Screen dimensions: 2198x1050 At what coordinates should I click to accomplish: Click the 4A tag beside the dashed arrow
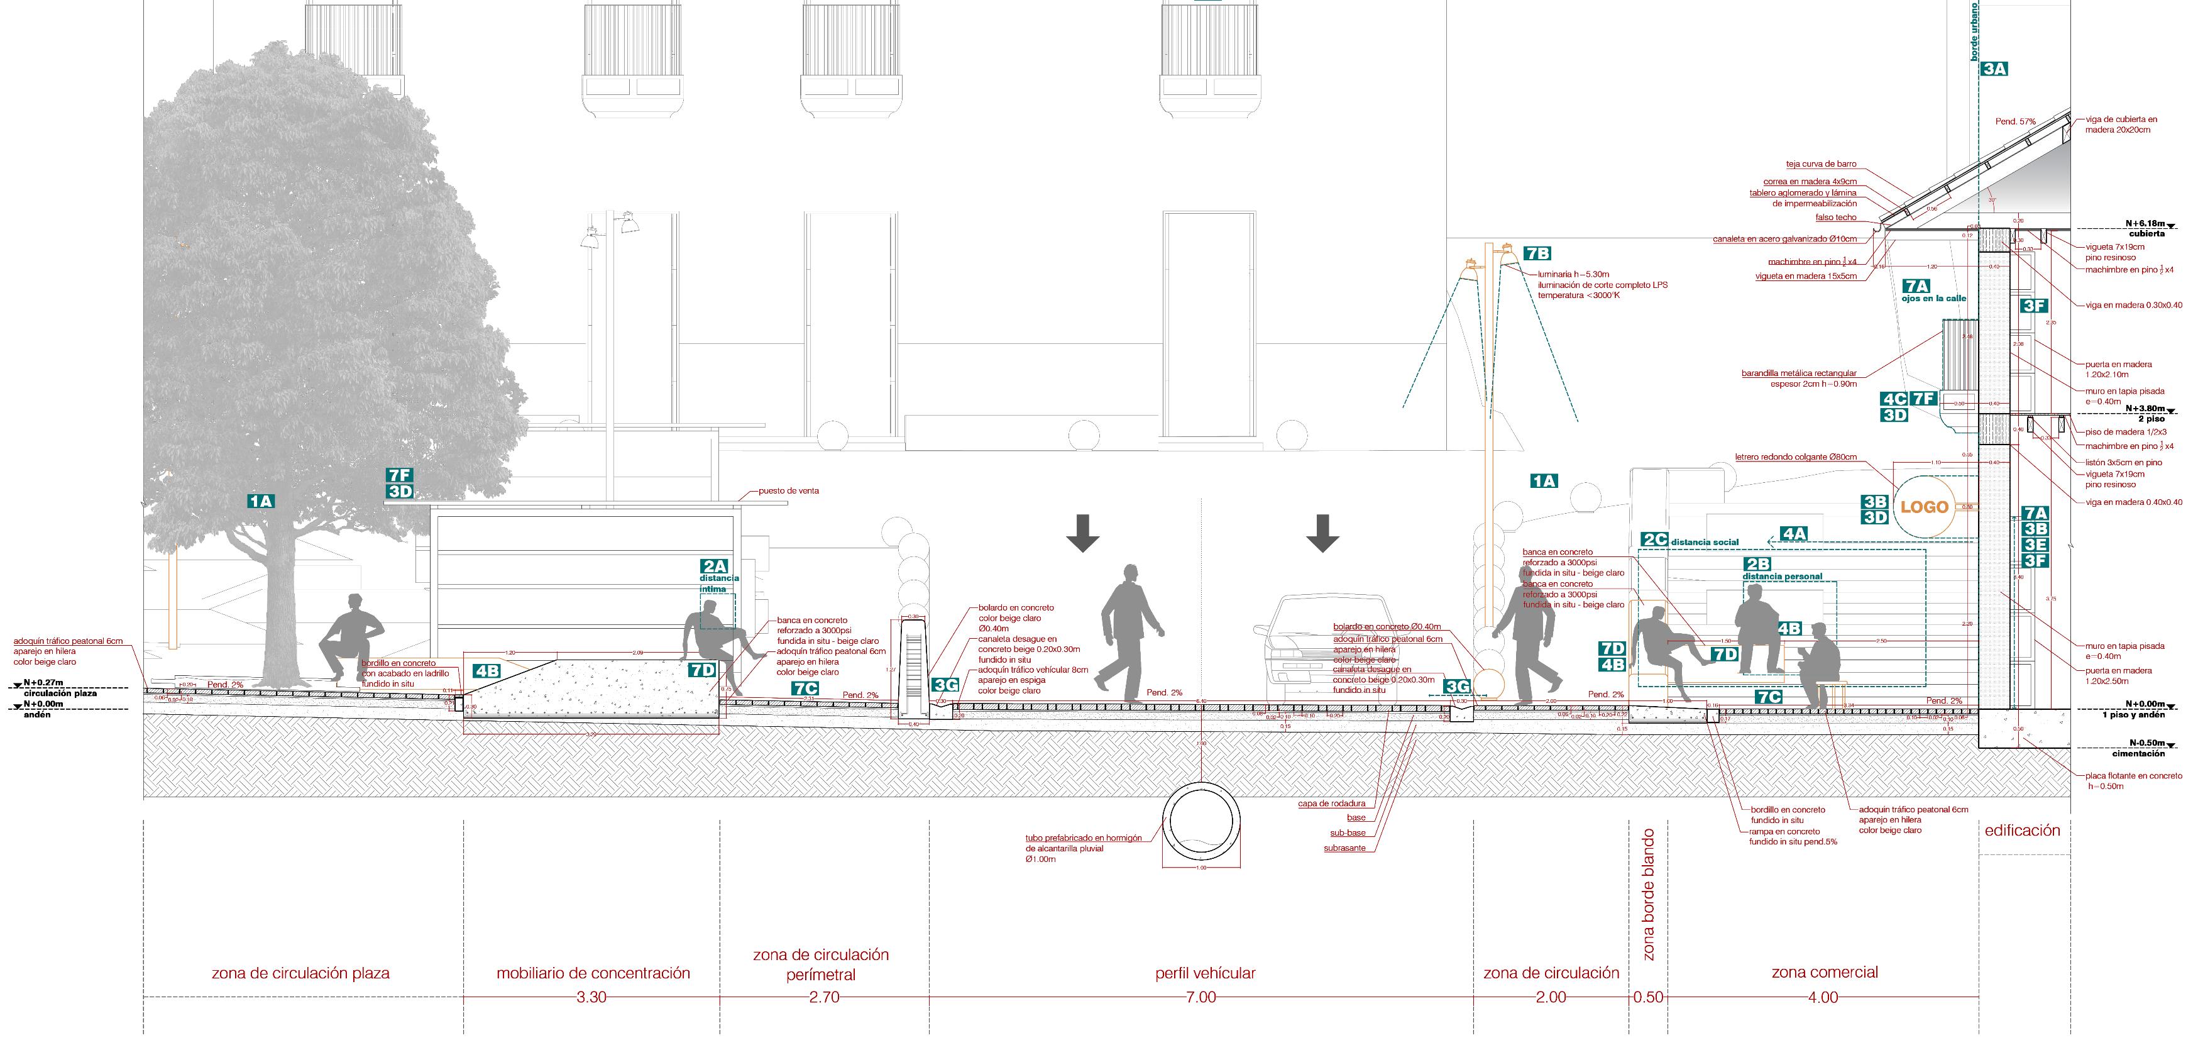click(1794, 534)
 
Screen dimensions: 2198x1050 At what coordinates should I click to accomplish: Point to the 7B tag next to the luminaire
click(1537, 253)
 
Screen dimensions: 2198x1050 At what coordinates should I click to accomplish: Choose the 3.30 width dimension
click(591, 997)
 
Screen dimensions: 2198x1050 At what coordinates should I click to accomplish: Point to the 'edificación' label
click(2022, 830)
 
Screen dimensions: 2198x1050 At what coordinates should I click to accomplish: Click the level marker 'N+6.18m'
click(2143, 224)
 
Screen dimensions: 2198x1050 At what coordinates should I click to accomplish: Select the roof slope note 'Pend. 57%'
click(2014, 122)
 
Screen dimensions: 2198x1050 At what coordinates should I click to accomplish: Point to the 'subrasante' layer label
click(1344, 848)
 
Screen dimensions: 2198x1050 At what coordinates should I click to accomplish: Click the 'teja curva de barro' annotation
click(1820, 164)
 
